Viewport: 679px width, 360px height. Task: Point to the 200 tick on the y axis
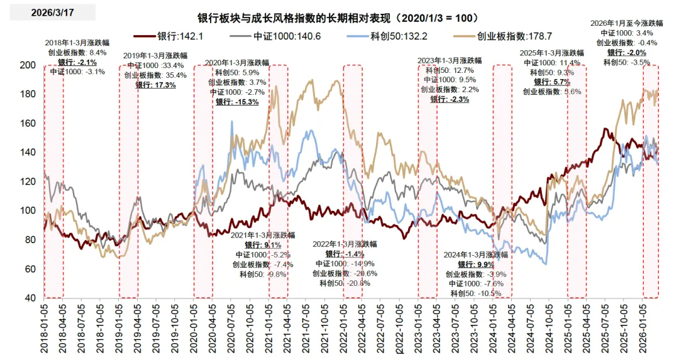(26, 65)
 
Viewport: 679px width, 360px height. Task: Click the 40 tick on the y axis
(29, 298)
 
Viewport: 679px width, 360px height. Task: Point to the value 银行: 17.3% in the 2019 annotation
(155, 85)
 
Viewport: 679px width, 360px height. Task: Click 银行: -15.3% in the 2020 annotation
(237, 102)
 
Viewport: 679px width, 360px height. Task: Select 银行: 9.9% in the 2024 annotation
(475, 265)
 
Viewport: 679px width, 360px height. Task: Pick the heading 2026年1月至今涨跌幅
(622, 23)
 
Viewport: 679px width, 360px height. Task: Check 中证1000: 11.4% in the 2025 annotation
(552, 63)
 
